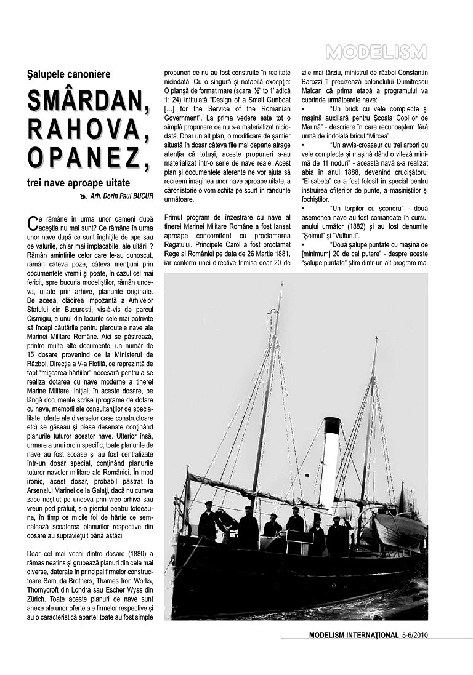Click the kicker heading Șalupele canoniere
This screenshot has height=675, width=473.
tap(69, 74)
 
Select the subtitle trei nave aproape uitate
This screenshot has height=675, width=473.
tap(78, 183)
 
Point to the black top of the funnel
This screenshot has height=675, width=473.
tap(332, 425)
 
